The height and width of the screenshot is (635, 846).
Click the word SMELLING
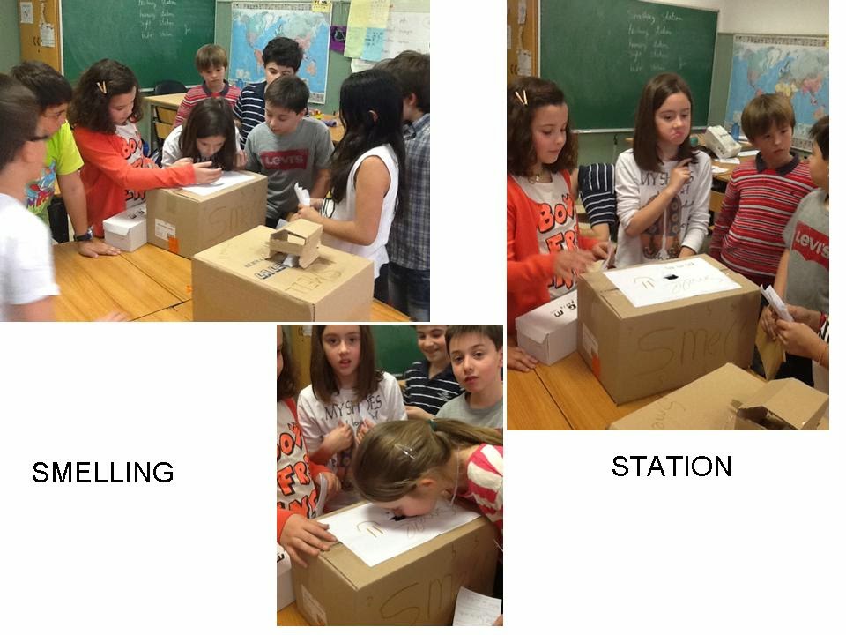click(x=102, y=472)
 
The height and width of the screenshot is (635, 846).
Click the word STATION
click(x=672, y=466)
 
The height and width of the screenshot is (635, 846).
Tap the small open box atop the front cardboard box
click(x=295, y=243)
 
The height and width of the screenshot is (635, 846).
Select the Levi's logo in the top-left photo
click(x=284, y=159)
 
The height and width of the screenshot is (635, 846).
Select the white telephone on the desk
click(x=721, y=141)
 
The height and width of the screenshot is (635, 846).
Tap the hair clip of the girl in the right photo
click(x=522, y=97)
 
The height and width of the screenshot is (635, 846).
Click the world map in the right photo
click(x=775, y=79)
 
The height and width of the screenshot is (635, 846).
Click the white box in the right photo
click(x=546, y=330)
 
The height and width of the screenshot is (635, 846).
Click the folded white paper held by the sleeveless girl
click(x=302, y=194)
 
